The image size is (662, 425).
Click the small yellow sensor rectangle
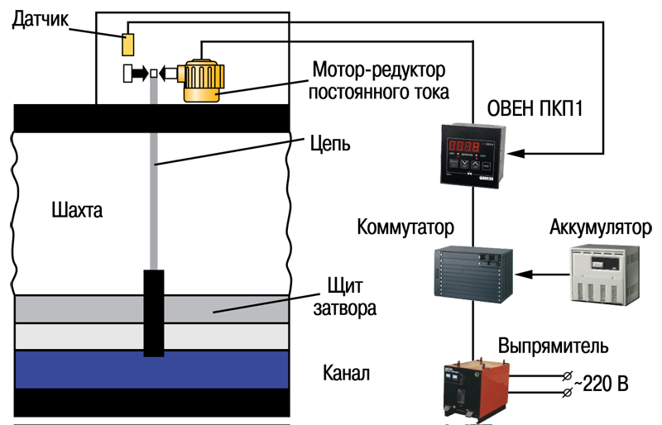[129, 44]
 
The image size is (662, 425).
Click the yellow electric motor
[201, 79]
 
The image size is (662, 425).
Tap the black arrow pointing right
[140, 74]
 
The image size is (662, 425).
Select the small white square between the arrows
[153, 74]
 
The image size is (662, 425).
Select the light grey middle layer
[83, 336]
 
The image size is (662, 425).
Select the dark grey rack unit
[468, 270]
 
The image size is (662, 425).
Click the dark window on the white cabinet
[605, 260]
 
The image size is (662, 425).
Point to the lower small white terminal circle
[567, 391]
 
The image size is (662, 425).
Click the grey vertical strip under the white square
[153, 91]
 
